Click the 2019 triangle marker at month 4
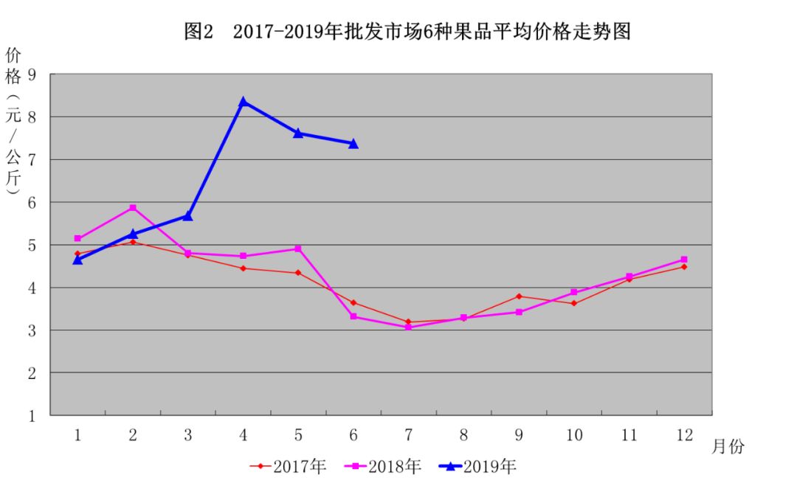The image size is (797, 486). point(243,102)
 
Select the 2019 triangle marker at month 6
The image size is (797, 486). point(353,144)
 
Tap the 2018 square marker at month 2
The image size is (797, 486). point(133,208)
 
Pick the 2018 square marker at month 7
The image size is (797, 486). point(408,327)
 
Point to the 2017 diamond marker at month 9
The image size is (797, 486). point(519,296)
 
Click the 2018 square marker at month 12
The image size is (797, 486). point(684,260)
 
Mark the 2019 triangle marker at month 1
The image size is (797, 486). point(77,260)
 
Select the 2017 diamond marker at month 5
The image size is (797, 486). point(298,273)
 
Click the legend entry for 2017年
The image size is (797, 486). point(288,466)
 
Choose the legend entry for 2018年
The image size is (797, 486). point(383,466)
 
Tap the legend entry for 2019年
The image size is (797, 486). point(477,466)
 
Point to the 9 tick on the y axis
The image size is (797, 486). point(32,75)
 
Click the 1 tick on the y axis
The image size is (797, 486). point(32,416)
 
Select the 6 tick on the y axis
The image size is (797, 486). point(32,203)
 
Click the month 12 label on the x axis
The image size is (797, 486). point(684,434)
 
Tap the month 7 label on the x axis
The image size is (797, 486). point(408,434)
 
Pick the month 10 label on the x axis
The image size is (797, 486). point(574,434)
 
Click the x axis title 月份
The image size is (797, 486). point(728,446)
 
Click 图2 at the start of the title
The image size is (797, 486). point(199,32)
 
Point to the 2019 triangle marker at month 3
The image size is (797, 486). point(187,216)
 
